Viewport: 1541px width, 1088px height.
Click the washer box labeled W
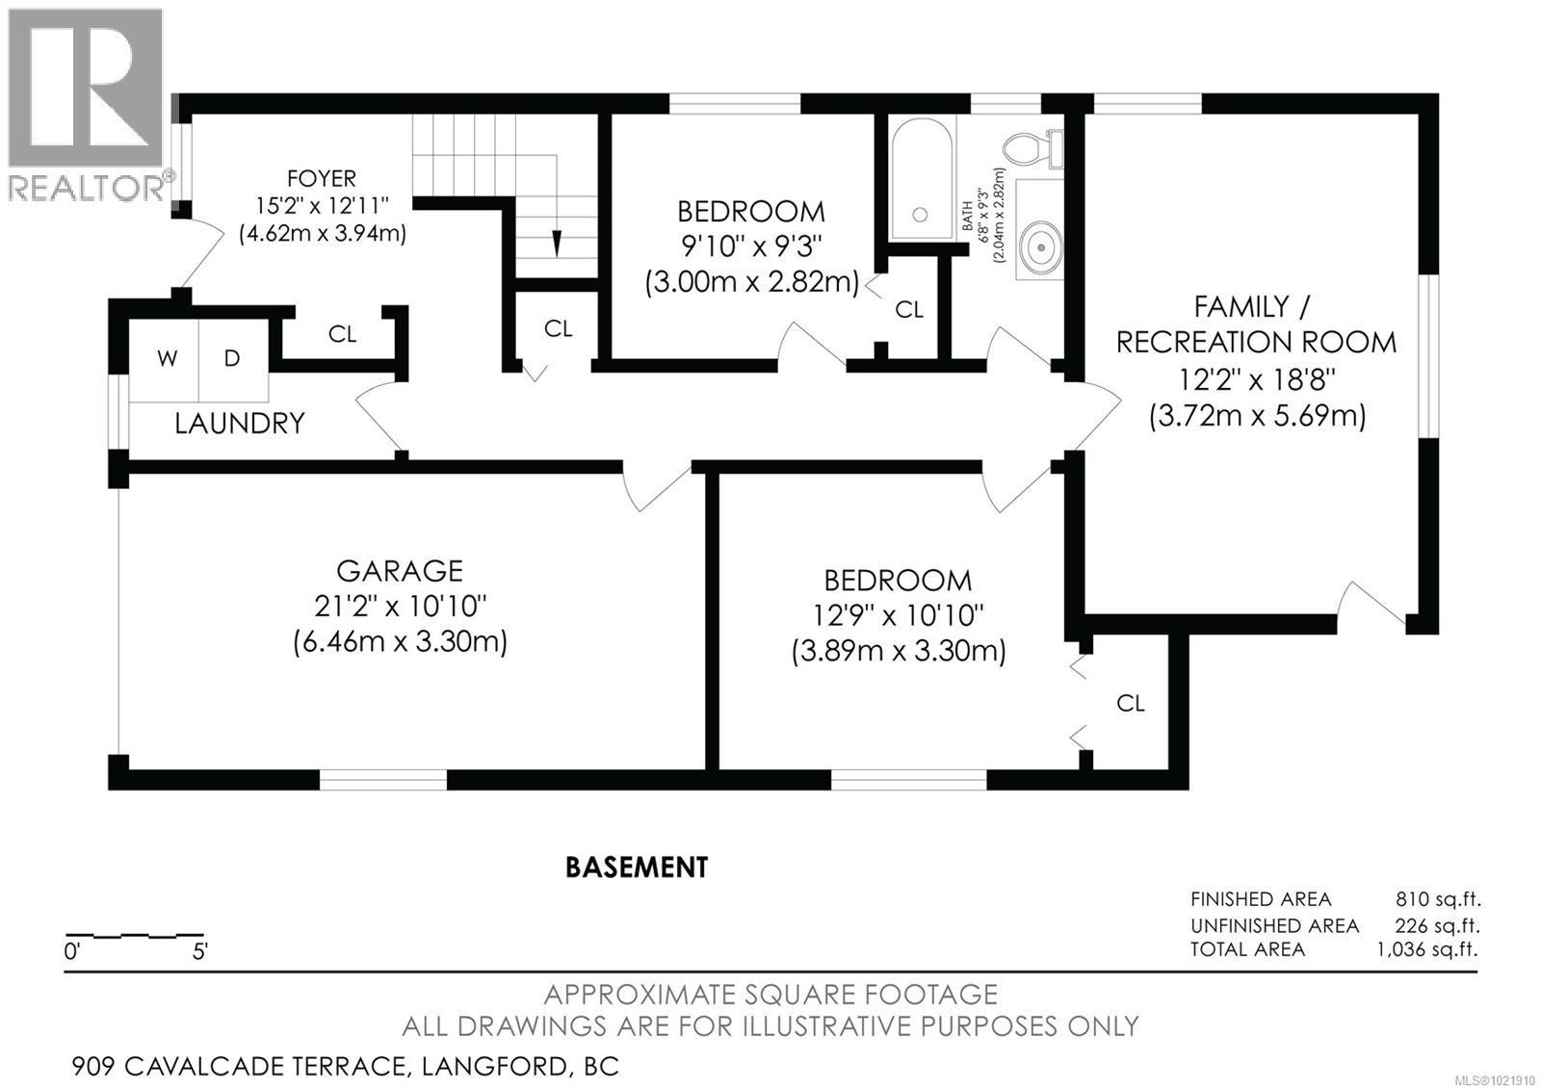click(x=167, y=359)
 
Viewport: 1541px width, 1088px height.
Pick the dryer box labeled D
click(x=232, y=359)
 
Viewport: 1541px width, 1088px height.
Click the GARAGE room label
click(x=400, y=571)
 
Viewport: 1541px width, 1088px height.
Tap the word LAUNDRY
click(x=239, y=423)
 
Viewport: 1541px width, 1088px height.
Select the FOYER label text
click(x=321, y=178)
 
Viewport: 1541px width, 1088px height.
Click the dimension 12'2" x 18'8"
click(x=1256, y=379)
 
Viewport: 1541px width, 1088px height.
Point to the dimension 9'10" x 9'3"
click(x=751, y=246)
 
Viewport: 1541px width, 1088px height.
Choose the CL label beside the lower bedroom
click(x=1131, y=703)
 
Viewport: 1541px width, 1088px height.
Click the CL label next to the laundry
click(x=342, y=334)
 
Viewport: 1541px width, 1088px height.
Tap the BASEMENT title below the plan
click(x=636, y=868)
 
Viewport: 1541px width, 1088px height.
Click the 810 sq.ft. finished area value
click(x=1437, y=899)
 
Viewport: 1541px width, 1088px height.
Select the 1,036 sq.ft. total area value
click(x=1427, y=949)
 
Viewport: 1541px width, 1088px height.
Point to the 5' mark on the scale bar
click(x=200, y=952)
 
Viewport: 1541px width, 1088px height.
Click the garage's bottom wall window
click(x=382, y=779)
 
